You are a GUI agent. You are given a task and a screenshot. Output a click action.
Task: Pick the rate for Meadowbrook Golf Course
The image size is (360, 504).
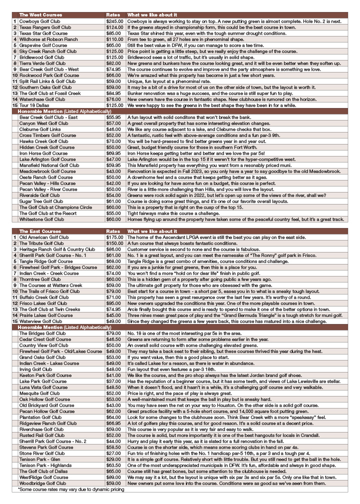coord(113,171)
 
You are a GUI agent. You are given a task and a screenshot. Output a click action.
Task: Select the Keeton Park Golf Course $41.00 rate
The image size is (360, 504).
coord(113,374)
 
